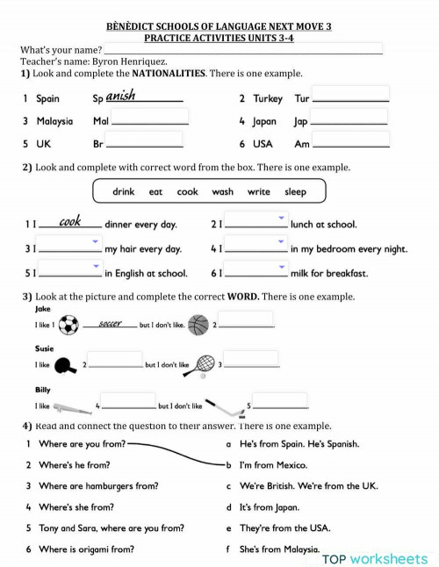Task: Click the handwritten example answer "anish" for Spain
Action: point(121,96)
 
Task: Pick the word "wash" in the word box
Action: point(223,191)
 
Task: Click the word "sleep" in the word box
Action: point(296,191)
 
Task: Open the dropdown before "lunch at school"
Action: point(256,222)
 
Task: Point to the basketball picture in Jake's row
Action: point(198,326)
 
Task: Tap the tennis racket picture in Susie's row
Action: point(203,363)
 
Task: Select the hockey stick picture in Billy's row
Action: point(228,406)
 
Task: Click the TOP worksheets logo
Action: point(375,558)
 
